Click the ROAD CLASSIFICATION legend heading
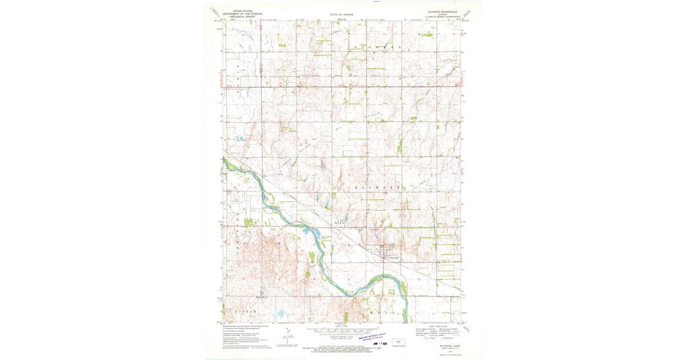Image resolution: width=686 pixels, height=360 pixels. pyautogui.click(x=437, y=326)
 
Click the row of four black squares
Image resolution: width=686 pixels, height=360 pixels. pyautogui.click(x=339, y=223)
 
